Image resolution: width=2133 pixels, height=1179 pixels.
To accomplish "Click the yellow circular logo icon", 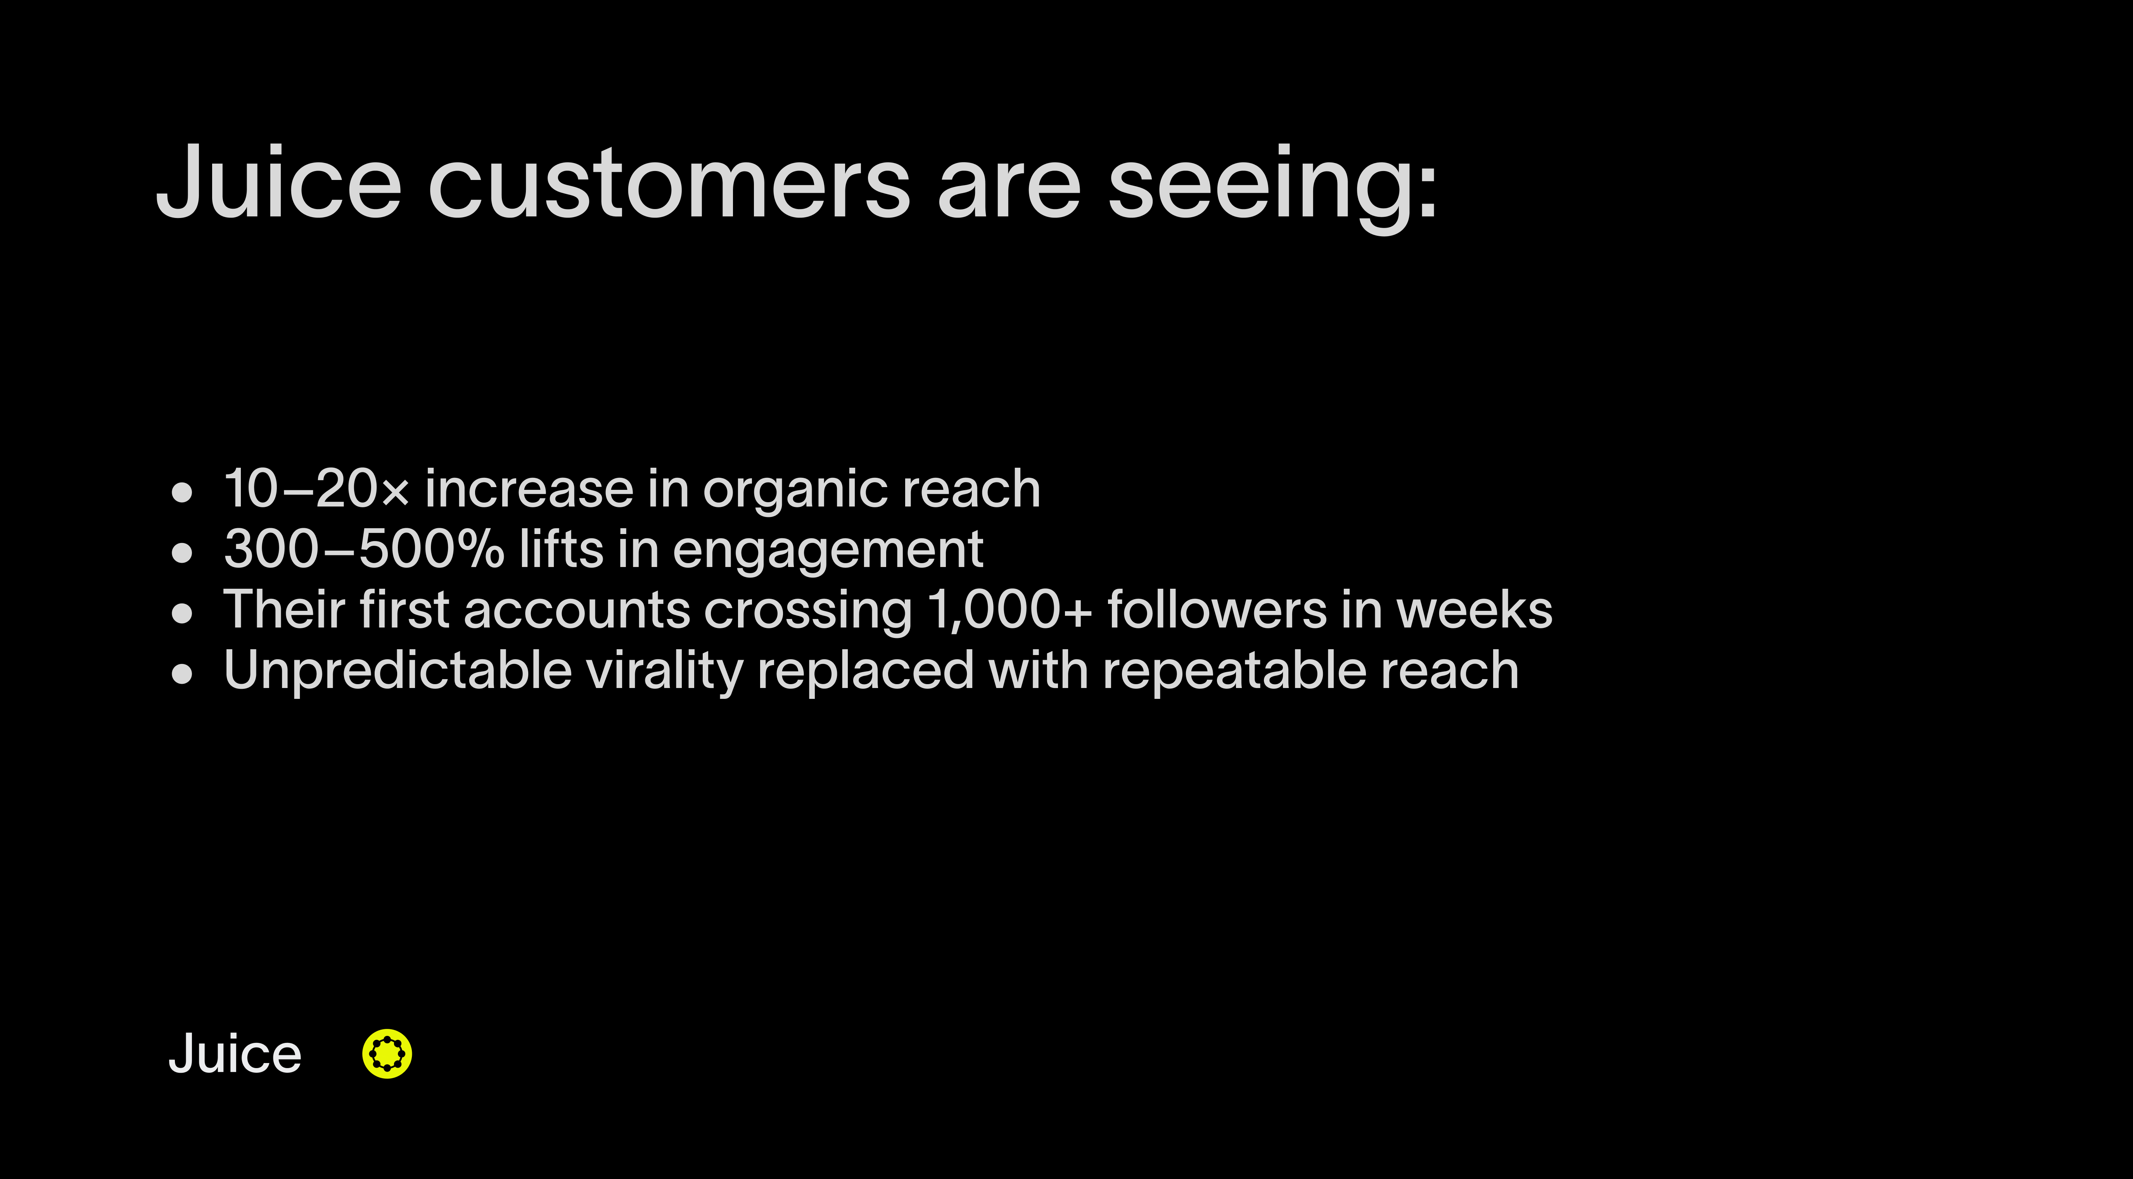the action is pyautogui.click(x=387, y=1054).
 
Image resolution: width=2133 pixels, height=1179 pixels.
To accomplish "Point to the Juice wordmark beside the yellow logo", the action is pyautogui.click(x=235, y=1054).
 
